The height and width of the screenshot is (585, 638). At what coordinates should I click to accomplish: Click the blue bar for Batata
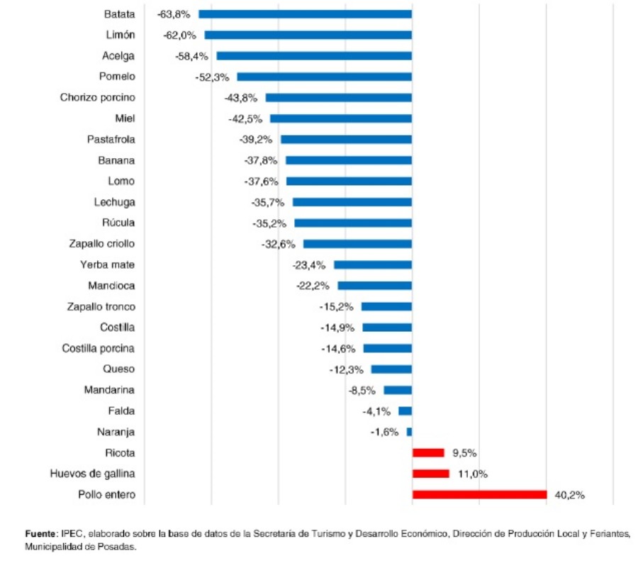[x=305, y=14]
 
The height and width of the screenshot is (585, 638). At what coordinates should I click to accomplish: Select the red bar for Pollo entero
[x=479, y=494]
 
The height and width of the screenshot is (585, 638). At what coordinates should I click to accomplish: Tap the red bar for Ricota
[x=428, y=452]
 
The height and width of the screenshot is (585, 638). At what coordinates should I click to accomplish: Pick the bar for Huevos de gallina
[x=430, y=474]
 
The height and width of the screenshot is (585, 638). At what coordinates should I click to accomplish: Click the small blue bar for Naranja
[x=409, y=431]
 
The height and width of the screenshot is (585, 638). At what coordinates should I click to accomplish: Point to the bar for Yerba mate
[x=373, y=264]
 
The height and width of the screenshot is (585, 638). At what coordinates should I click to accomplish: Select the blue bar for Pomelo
[x=324, y=77]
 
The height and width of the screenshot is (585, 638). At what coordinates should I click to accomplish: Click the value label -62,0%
[x=180, y=35]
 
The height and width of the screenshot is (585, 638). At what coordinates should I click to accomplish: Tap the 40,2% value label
[x=569, y=495]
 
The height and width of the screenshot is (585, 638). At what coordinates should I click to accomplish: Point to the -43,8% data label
[x=241, y=97]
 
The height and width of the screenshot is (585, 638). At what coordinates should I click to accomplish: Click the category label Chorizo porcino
[x=97, y=97]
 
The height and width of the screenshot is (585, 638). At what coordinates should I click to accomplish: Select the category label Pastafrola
[x=111, y=139]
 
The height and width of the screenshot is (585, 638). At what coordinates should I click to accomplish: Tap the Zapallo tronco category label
[x=101, y=306]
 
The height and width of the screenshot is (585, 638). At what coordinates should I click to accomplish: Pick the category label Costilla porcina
[x=98, y=348]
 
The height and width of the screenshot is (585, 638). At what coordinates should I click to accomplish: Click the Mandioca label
[x=111, y=286]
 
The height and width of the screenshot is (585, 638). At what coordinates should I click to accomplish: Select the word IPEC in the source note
[x=72, y=533]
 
